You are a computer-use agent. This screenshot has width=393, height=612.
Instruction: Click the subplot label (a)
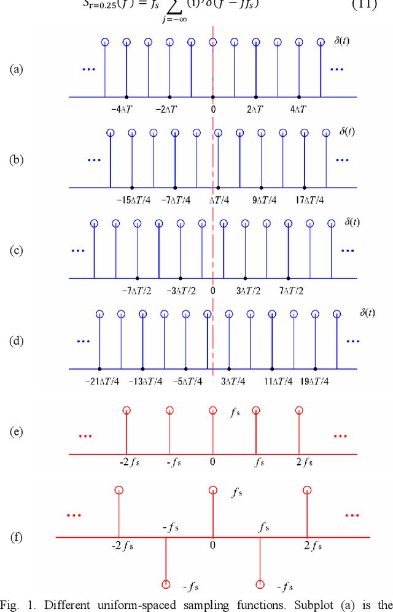click(x=16, y=69)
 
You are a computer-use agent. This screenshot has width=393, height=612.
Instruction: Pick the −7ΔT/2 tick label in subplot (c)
click(x=137, y=290)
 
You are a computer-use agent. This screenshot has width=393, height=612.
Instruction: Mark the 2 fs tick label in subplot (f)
click(x=306, y=543)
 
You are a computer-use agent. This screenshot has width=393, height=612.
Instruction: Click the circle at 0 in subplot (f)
click(x=212, y=490)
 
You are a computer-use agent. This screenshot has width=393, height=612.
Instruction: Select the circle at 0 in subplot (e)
click(x=212, y=410)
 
